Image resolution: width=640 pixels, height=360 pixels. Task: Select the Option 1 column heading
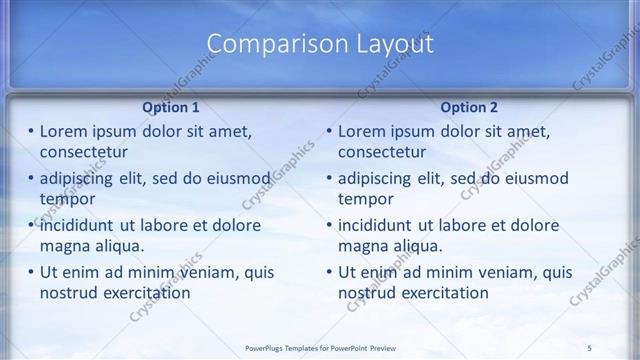coord(173,107)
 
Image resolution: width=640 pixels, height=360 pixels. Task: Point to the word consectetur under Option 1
coord(84,152)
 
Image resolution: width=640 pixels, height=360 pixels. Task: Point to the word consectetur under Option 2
coord(383,152)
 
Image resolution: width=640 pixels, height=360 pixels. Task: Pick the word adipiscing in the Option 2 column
coord(381,179)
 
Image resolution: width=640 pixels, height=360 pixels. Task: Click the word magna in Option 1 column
coord(64,246)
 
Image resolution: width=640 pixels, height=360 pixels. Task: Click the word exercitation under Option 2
coord(444,293)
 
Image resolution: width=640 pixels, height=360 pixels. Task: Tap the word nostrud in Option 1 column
coord(69,293)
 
